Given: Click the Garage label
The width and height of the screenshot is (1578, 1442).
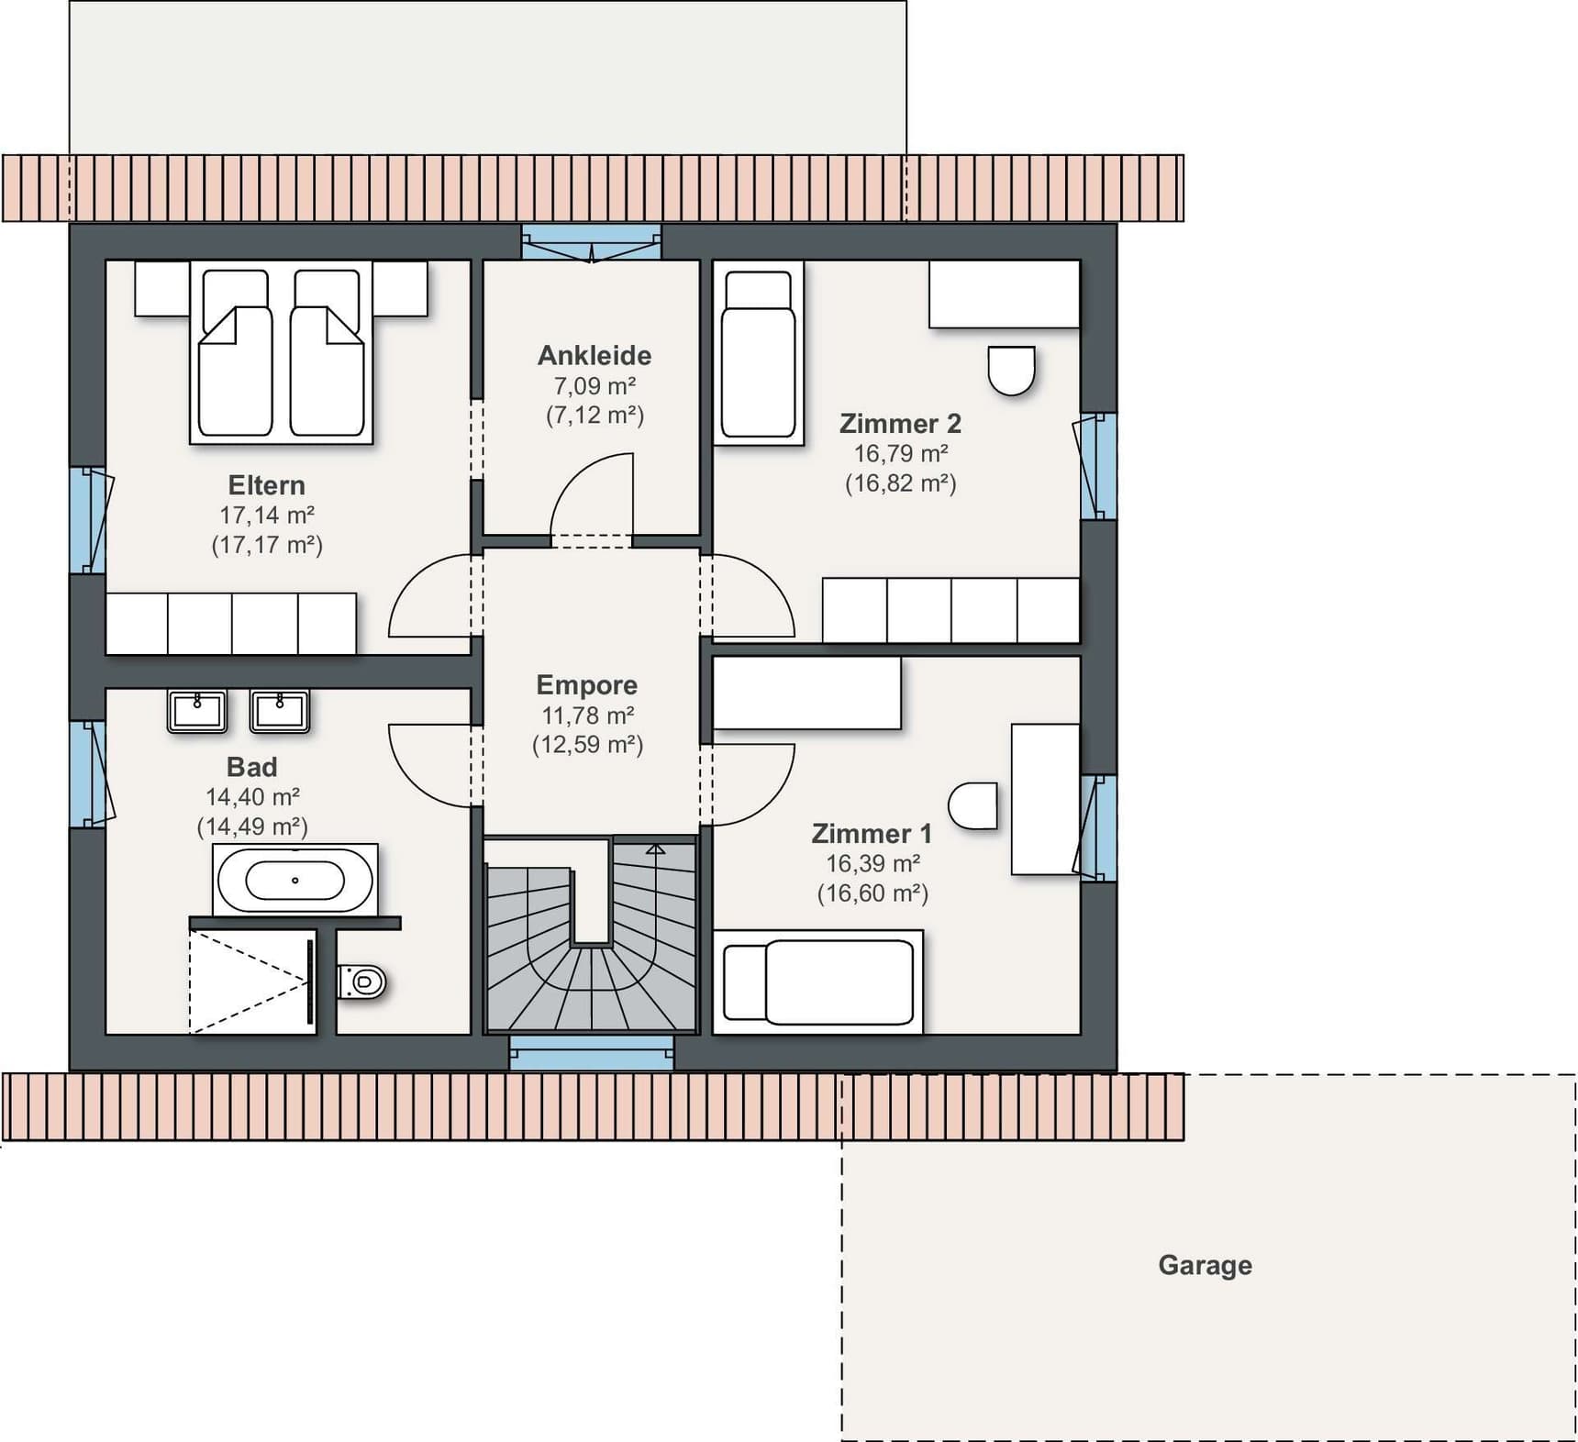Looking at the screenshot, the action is (1205, 1265).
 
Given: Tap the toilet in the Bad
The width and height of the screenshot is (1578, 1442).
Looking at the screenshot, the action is (362, 982).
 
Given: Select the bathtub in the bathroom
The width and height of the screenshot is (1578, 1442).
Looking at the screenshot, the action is (294, 880).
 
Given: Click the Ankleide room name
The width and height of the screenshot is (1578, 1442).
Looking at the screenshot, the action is (595, 355).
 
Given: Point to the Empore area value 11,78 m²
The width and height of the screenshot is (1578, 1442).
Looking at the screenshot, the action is (588, 715).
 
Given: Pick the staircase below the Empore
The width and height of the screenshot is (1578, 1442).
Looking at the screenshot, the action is (591, 936).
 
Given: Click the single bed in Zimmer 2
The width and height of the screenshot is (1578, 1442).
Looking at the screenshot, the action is (759, 353).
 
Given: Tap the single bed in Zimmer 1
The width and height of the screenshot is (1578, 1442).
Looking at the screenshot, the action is (818, 982).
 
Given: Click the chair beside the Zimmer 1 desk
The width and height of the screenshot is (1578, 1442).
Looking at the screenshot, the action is (972, 806).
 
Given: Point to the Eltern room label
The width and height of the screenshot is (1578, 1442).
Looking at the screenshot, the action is (266, 485).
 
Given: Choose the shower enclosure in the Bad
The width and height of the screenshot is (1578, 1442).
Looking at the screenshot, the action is (253, 982).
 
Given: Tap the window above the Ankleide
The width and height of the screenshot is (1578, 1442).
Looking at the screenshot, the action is (592, 243).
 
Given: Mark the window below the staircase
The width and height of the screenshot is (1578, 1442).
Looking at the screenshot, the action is (592, 1052).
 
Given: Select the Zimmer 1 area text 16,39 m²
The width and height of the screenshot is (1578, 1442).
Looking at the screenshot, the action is (873, 863).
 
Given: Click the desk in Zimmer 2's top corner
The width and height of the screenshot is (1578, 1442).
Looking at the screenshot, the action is (1005, 294).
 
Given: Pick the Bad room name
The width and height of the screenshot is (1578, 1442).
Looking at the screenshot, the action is (251, 767).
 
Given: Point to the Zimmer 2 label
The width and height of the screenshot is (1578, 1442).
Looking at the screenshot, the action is (901, 424).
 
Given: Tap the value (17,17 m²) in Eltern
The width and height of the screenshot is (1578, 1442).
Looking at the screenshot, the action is (267, 545).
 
